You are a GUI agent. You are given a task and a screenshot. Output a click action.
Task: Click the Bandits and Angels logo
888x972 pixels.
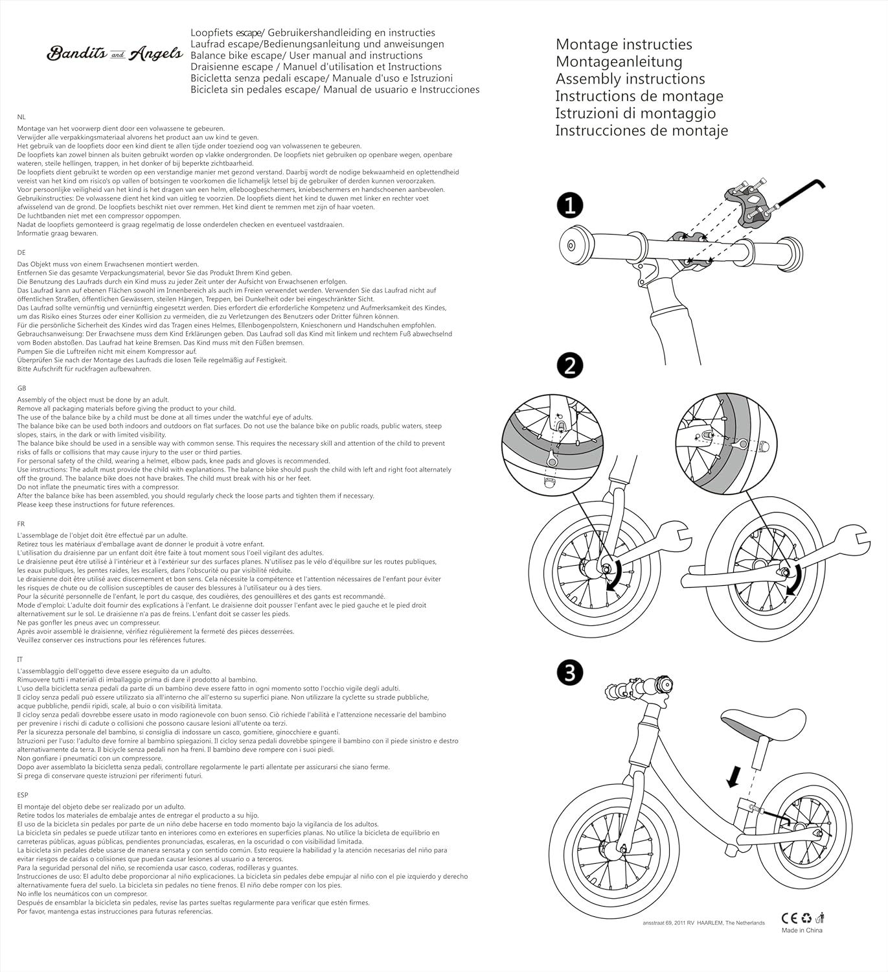tap(115, 54)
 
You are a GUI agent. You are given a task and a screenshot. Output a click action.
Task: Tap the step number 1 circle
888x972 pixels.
tap(570, 206)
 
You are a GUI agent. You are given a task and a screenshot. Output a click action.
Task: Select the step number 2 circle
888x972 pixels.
tap(570, 366)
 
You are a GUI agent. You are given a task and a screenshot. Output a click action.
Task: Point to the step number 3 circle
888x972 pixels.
tap(570, 673)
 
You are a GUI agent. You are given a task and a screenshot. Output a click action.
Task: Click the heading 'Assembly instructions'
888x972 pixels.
tap(630, 79)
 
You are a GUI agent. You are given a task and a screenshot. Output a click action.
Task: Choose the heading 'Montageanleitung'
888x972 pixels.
tap(619, 62)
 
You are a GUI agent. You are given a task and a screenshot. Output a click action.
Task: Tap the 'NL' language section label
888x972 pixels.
tap(21, 117)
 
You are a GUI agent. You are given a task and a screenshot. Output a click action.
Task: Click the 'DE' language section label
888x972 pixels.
tap(21, 253)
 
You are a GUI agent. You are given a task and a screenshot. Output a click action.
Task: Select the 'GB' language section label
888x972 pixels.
tap(21, 388)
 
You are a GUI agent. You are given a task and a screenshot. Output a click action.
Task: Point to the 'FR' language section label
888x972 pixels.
tap(21, 524)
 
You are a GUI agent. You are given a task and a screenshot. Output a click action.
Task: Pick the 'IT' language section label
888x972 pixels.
tap(20, 659)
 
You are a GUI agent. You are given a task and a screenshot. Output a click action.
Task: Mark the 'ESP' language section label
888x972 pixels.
tap(23, 794)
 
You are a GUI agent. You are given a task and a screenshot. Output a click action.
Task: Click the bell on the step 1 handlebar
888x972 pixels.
tap(574, 245)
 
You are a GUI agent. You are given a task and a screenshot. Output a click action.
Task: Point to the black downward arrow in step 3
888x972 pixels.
tap(733, 776)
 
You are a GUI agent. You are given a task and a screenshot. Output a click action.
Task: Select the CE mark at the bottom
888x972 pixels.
tap(790, 918)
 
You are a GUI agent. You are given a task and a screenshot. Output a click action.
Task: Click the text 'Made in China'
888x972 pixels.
tap(802, 931)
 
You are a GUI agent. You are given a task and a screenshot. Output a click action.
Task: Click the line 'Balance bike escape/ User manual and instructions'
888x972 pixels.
tap(306, 56)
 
